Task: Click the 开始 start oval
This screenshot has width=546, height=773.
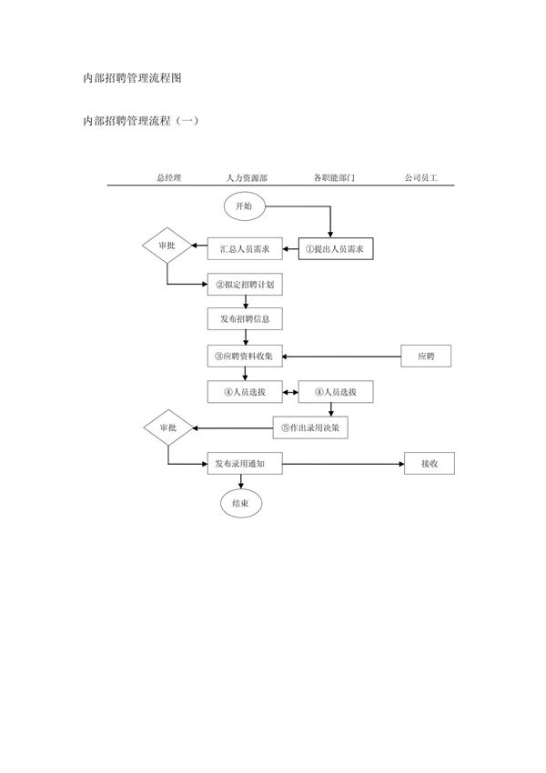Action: point(244,206)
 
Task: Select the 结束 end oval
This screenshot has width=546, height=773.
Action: point(241,502)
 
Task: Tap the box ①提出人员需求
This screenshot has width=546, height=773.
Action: point(339,248)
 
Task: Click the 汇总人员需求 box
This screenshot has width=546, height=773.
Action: point(245,248)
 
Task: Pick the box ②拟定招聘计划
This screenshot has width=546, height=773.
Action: point(244,285)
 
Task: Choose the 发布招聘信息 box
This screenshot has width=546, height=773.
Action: point(244,320)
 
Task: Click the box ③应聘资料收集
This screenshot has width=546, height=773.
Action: point(244,356)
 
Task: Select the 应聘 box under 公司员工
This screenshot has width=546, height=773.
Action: point(426,356)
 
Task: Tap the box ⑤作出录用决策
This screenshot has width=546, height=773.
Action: point(311,427)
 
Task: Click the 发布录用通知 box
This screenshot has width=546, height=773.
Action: point(244,463)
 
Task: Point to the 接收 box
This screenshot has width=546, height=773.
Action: point(430,463)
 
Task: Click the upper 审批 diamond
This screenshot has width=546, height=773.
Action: point(167,246)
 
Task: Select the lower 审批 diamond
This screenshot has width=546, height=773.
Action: point(167,427)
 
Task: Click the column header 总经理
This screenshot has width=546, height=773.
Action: point(168,178)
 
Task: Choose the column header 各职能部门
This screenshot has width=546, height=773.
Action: point(334,178)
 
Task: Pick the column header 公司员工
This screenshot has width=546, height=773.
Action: point(421,178)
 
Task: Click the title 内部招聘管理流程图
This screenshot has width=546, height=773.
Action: point(133,78)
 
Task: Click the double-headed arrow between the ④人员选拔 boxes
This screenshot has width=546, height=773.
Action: point(290,392)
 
